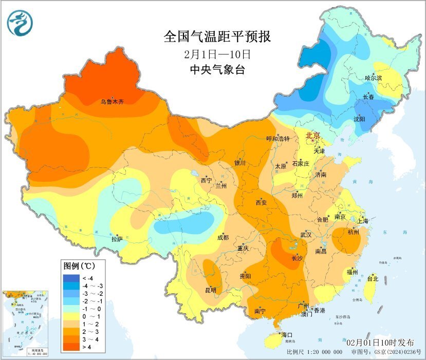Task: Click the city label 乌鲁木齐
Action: (x=112, y=102)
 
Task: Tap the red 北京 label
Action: (x=313, y=136)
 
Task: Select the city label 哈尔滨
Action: (x=374, y=78)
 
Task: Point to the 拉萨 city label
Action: (x=117, y=239)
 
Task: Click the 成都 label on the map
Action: (x=223, y=237)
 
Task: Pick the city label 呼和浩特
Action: (x=278, y=139)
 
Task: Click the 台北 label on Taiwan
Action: (x=373, y=279)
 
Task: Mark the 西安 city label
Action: (x=261, y=203)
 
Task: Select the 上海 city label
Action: (x=362, y=221)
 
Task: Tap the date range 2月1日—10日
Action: (x=217, y=53)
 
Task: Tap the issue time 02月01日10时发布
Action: (x=384, y=342)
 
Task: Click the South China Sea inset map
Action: (x=26, y=323)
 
